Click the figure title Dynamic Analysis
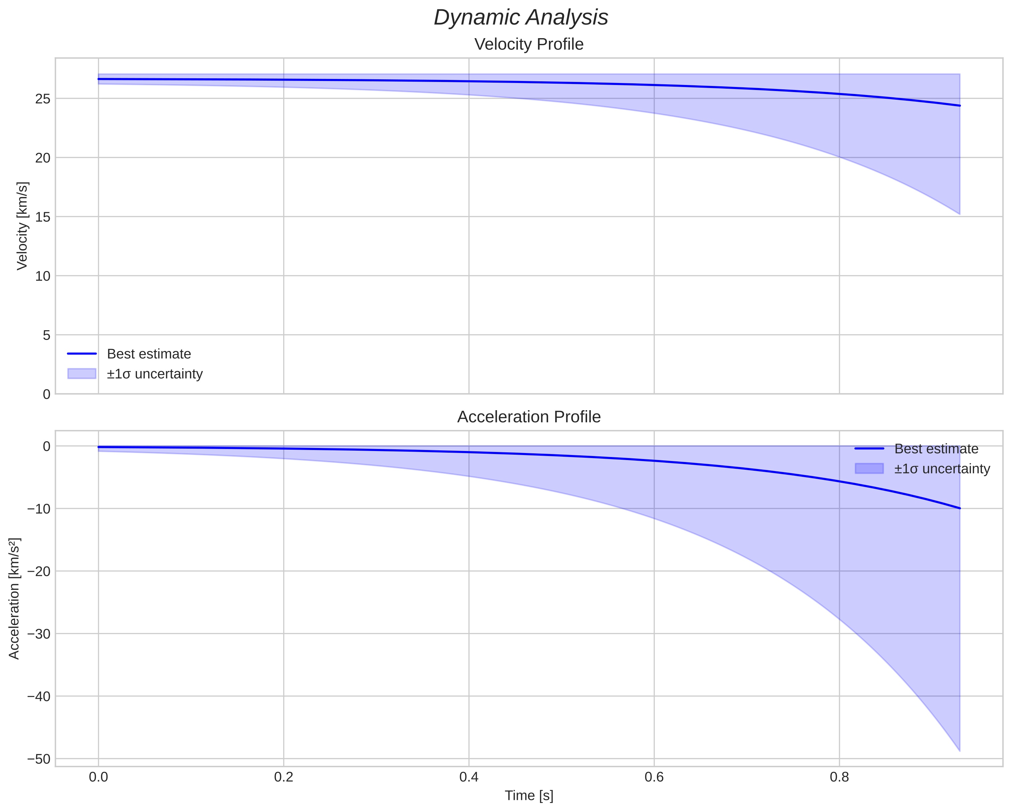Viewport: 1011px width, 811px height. click(x=521, y=18)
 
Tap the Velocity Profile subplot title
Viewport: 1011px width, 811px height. click(x=529, y=44)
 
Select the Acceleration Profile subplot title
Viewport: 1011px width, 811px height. click(x=529, y=417)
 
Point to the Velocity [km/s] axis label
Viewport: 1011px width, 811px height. click(x=22, y=226)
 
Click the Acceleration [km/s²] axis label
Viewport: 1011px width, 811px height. click(x=14, y=599)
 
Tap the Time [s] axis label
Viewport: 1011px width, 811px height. click(x=529, y=795)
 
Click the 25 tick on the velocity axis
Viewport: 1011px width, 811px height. click(x=43, y=99)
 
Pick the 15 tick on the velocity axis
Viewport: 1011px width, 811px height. click(x=43, y=217)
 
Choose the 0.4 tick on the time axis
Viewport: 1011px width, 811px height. click(x=469, y=777)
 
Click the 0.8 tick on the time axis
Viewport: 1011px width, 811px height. click(x=839, y=777)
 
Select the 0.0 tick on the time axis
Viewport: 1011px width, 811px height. click(x=99, y=777)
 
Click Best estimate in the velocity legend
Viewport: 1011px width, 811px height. click(x=149, y=354)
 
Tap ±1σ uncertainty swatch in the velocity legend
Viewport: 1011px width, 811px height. click(x=82, y=374)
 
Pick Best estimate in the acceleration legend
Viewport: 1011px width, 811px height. click(x=936, y=449)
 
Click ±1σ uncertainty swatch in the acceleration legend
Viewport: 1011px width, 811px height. click(x=869, y=468)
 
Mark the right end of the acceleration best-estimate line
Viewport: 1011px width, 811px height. click(x=960, y=508)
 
